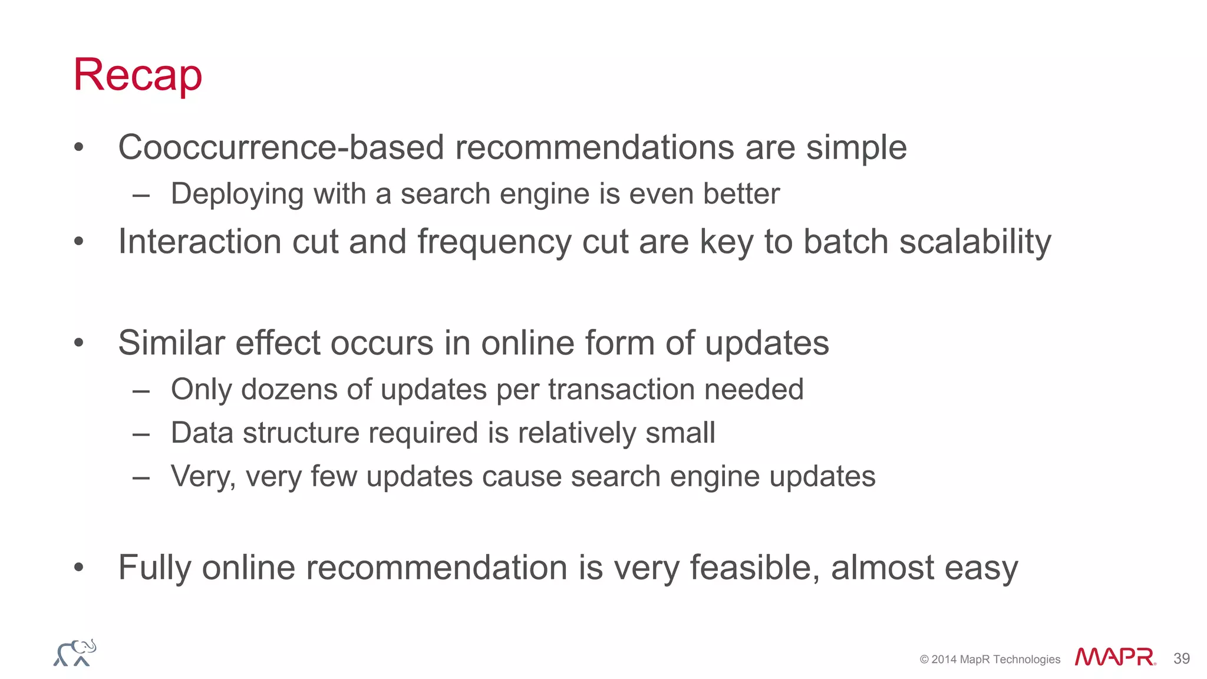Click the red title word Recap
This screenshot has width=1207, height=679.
(x=137, y=75)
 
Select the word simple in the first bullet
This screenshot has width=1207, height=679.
(x=856, y=147)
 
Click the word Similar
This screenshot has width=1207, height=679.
(x=172, y=343)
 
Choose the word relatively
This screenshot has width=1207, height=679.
(x=576, y=433)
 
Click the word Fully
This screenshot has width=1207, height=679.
(x=155, y=568)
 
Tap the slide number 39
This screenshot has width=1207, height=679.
(x=1181, y=658)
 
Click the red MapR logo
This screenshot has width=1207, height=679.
(x=1114, y=657)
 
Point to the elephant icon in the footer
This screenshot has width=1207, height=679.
(x=75, y=653)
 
